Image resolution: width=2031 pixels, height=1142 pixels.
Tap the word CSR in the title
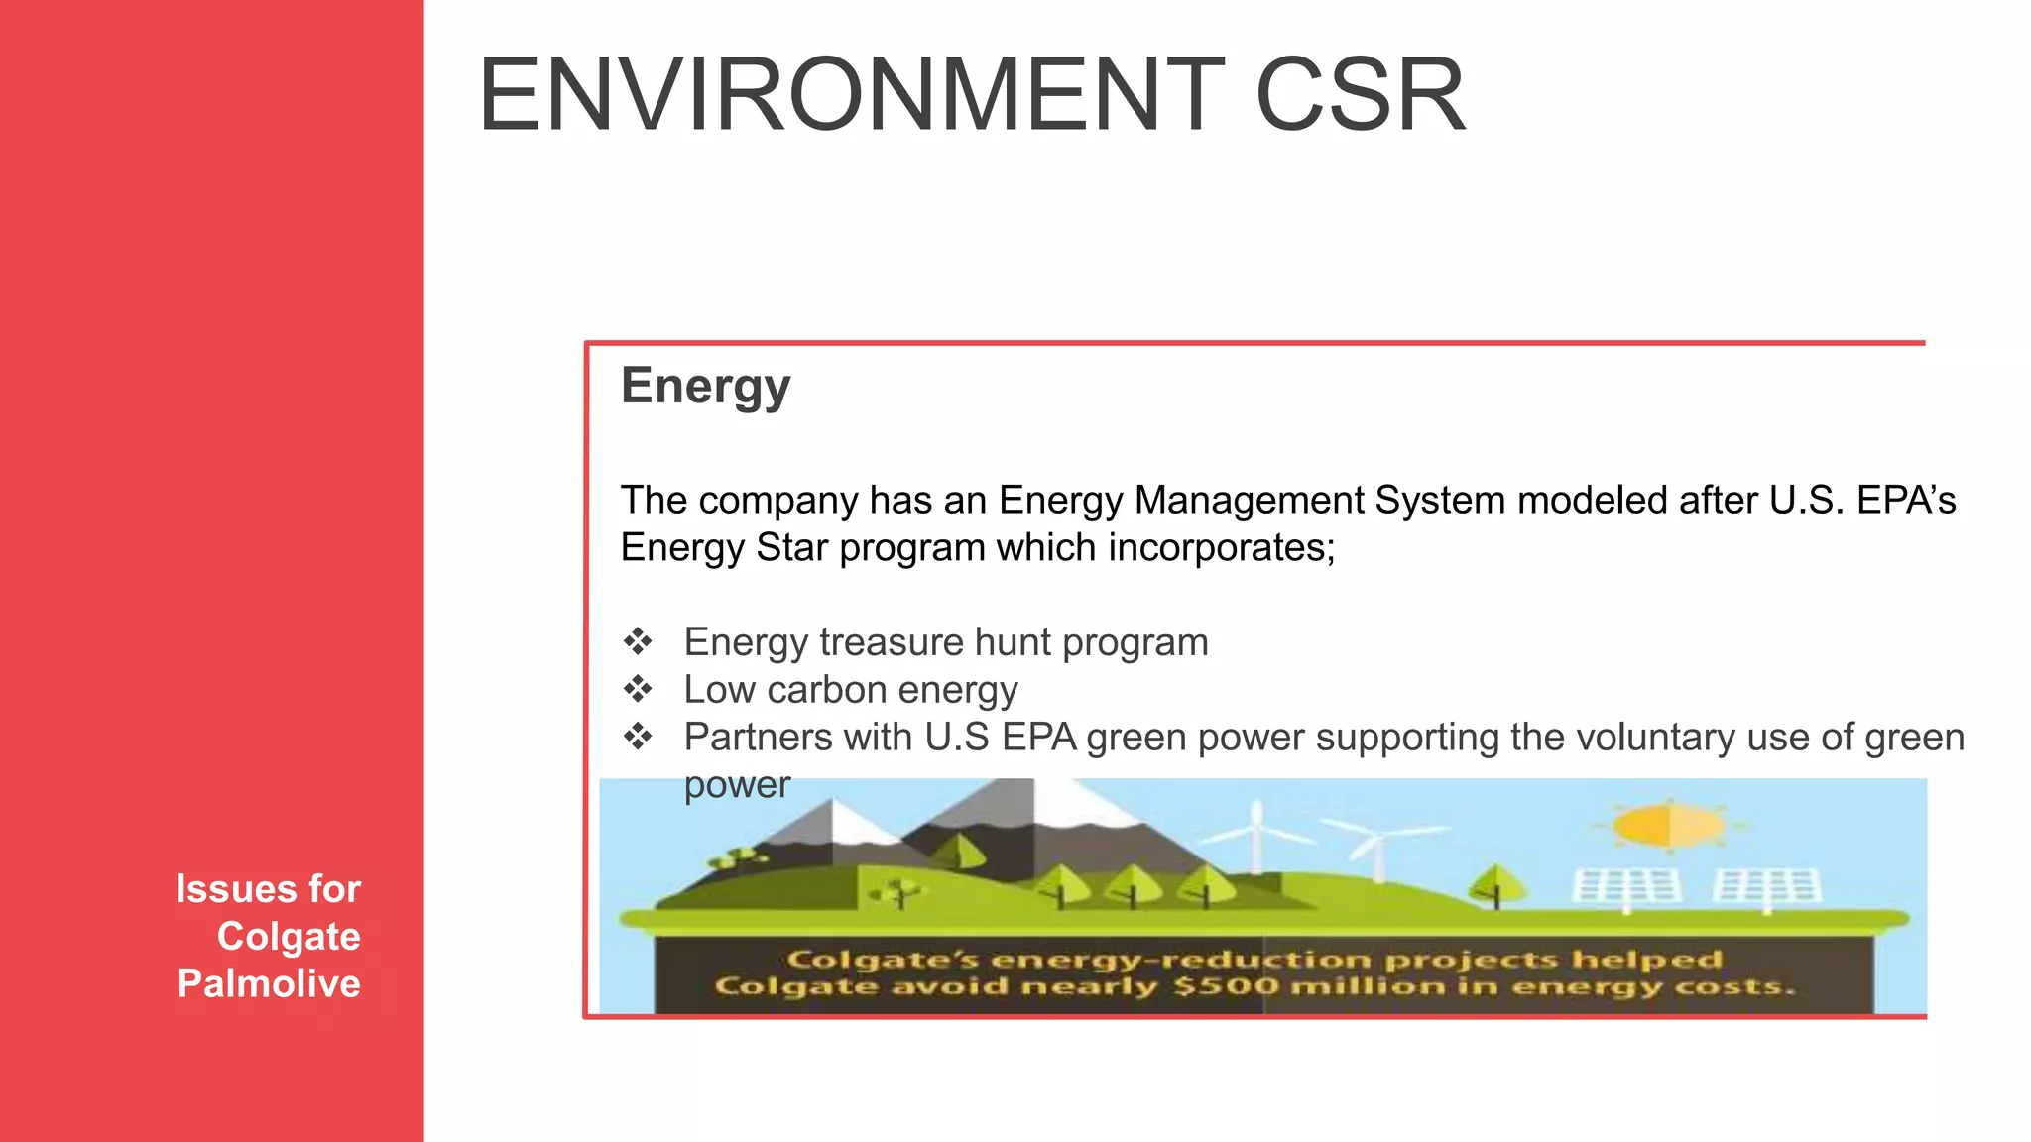tap(1360, 95)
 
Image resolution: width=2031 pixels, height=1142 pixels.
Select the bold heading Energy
tap(705, 387)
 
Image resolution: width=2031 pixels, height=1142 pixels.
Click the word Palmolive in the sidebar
tap(269, 983)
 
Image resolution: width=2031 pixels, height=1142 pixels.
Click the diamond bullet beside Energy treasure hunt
tap(638, 641)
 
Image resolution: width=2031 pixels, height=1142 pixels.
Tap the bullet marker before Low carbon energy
tap(638, 689)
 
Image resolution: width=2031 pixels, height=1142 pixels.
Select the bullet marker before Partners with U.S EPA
tap(638, 737)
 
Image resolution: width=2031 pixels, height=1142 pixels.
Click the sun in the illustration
tap(1670, 825)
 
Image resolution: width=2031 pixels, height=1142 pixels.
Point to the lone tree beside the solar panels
tap(1495, 881)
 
